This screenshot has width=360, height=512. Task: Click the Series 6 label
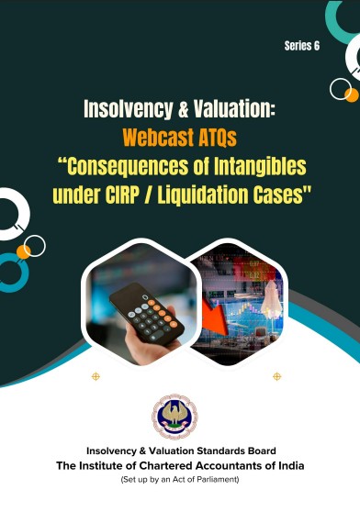(302, 46)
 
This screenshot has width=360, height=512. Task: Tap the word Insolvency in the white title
(128, 109)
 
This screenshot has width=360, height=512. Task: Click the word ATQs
(213, 138)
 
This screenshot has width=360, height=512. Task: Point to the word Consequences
(128, 166)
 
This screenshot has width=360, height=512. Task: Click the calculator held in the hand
(146, 315)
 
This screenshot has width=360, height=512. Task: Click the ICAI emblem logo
(174, 416)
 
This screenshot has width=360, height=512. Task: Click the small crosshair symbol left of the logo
(96, 376)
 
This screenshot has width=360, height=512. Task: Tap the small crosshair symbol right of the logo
(276, 376)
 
